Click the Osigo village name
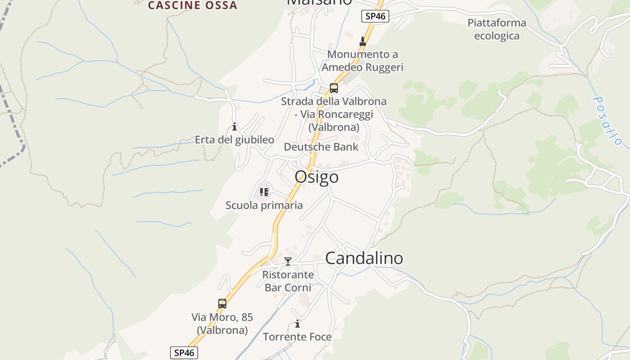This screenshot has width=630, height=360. [316, 177]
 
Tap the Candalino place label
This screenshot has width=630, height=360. [364, 258]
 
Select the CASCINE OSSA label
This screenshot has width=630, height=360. [193, 5]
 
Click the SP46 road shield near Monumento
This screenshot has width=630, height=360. [375, 16]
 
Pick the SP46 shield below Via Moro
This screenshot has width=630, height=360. [184, 353]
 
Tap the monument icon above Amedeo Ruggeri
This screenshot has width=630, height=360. [363, 41]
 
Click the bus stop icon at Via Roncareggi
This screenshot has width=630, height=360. [333, 88]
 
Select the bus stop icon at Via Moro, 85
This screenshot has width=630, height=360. [222, 304]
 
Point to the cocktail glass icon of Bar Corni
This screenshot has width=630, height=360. [288, 261]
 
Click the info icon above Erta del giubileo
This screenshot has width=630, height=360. [234, 127]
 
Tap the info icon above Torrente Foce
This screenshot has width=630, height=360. [297, 324]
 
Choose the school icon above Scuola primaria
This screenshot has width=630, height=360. [264, 193]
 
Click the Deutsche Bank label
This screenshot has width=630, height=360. [321, 147]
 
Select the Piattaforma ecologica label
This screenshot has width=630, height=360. [496, 29]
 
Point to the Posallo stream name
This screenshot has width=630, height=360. [607, 120]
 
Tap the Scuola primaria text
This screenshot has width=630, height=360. [264, 206]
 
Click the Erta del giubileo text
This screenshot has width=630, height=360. [234, 140]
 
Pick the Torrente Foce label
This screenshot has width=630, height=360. [297, 337]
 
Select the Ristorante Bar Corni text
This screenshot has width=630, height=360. [288, 281]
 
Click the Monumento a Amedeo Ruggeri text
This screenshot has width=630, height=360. [362, 61]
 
